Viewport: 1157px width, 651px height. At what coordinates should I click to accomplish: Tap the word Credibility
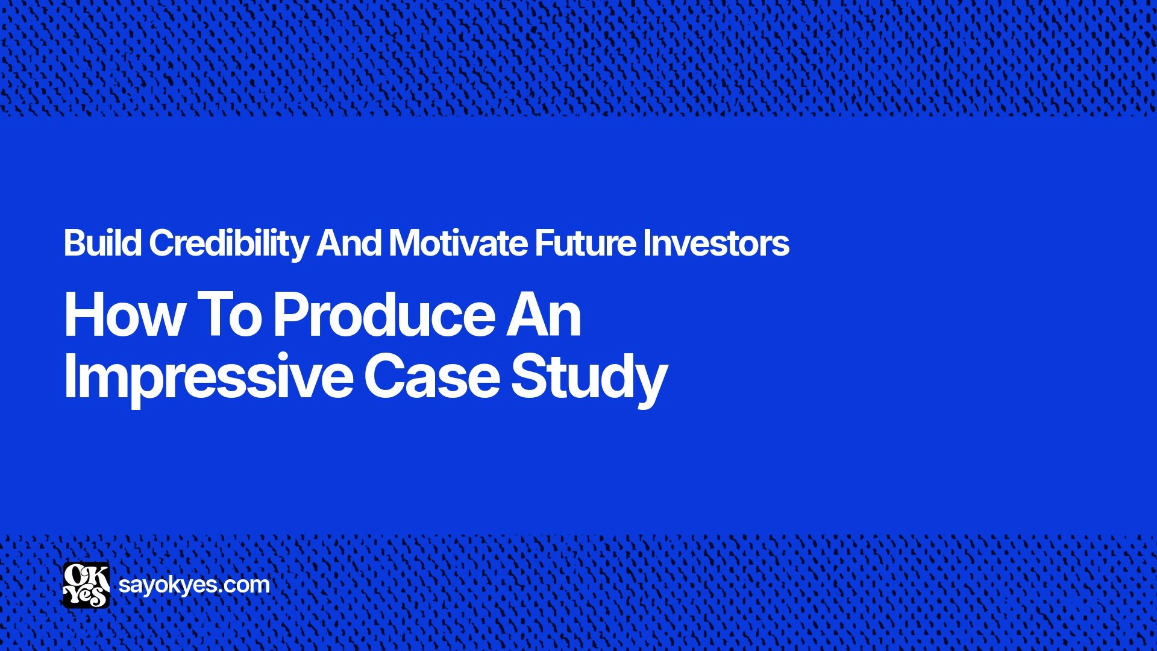coord(228,243)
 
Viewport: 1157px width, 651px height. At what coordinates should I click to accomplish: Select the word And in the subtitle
coord(349,243)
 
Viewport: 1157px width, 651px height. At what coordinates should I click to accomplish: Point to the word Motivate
coord(458,243)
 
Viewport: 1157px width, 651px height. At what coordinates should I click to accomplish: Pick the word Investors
coord(716,243)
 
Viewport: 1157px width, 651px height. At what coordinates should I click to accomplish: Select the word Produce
coord(386,315)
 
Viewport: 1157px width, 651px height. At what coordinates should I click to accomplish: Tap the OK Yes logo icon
coord(86,585)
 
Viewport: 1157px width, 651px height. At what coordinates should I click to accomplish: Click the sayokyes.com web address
coord(194,585)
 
